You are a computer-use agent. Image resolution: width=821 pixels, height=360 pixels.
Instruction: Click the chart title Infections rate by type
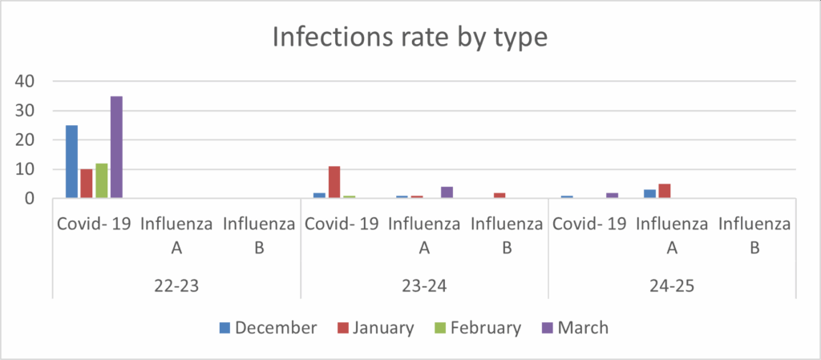coord(410,38)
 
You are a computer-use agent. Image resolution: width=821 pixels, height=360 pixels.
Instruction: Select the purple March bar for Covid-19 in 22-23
coord(116,148)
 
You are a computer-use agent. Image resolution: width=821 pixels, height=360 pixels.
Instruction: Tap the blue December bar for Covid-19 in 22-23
coord(71,162)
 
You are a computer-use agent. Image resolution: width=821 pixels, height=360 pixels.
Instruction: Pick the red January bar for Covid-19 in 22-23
coord(87,184)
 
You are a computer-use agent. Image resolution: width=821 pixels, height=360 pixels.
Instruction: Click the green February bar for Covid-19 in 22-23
coord(101,180)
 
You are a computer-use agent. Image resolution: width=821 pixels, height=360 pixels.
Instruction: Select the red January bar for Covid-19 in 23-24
coord(334,182)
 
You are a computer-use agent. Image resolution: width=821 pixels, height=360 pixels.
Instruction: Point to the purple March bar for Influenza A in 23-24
coord(447,192)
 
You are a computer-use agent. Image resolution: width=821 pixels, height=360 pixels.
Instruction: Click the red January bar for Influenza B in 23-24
coord(499,196)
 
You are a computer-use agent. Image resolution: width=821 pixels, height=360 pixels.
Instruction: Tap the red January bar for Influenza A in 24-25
coord(664,191)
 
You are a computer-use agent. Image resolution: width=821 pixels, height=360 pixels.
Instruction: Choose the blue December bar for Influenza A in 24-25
coord(649,194)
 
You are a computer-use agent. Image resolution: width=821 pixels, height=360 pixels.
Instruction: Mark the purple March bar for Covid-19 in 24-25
coord(613,196)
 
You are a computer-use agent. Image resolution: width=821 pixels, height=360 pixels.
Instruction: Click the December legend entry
coord(269,327)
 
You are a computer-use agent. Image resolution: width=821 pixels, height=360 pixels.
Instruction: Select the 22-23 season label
coord(177,285)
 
